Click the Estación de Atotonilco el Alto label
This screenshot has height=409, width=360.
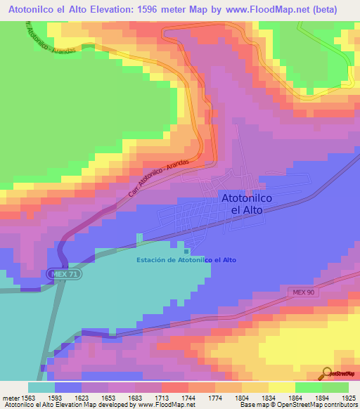186,260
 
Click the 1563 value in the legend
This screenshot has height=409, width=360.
28,398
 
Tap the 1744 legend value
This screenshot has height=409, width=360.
188,398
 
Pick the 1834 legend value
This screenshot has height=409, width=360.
267,398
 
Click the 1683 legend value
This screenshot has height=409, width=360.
134,398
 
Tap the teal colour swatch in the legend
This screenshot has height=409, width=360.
41,387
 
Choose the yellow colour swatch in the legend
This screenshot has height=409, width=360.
281,387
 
